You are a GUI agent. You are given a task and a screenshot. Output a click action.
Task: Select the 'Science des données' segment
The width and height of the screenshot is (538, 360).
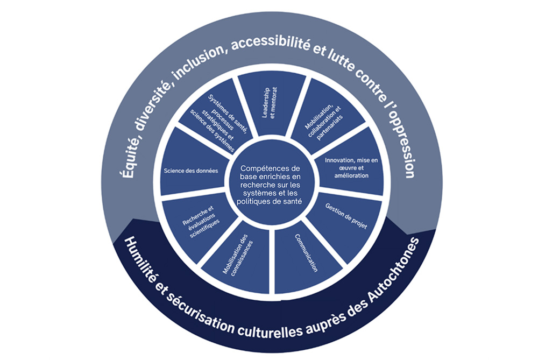pyautogui.click(x=191, y=171)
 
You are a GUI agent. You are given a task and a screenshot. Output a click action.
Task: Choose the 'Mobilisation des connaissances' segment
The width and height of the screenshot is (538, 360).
pyautogui.click(x=237, y=253)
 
